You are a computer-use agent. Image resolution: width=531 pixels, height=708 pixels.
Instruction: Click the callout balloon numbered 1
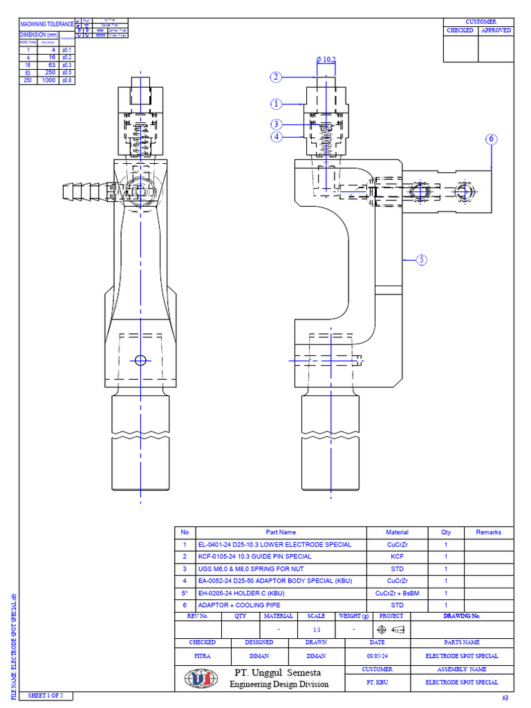(x=276, y=104)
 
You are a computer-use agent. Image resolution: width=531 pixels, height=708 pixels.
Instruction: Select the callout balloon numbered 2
(x=276, y=77)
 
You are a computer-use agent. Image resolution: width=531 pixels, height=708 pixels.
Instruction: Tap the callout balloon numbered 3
(x=276, y=124)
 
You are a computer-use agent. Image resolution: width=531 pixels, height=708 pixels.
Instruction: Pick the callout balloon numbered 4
(x=276, y=136)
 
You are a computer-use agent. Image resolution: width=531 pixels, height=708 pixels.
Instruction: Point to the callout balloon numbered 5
(x=422, y=260)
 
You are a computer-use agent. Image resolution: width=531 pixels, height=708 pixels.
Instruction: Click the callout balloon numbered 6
(x=491, y=139)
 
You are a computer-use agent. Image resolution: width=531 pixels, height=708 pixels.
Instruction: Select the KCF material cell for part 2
(x=397, y=557)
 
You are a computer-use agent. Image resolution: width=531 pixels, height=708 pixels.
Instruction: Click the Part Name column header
(x=281, y=532)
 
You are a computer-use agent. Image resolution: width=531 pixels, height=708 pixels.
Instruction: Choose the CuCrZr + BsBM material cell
(x=397, y=593)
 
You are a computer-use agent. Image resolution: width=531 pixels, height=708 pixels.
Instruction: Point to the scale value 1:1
(x=317, y=630)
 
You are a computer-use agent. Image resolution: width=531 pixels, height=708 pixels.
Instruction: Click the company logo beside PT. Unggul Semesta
(x=201, y=678)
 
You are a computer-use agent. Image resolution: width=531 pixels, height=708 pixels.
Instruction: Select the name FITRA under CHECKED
(x=203, y=655)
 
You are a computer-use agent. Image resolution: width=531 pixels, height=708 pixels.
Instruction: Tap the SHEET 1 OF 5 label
(x=45, y=695)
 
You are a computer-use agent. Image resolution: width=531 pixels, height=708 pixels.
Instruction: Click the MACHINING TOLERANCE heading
(x=47, y=24)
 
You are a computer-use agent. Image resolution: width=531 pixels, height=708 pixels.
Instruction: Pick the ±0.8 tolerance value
(x=67, y=80)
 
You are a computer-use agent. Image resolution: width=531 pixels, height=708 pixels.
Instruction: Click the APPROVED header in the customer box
(x=496, y=30)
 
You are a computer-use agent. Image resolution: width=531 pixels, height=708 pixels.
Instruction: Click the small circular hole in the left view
(x=141, y=360)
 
